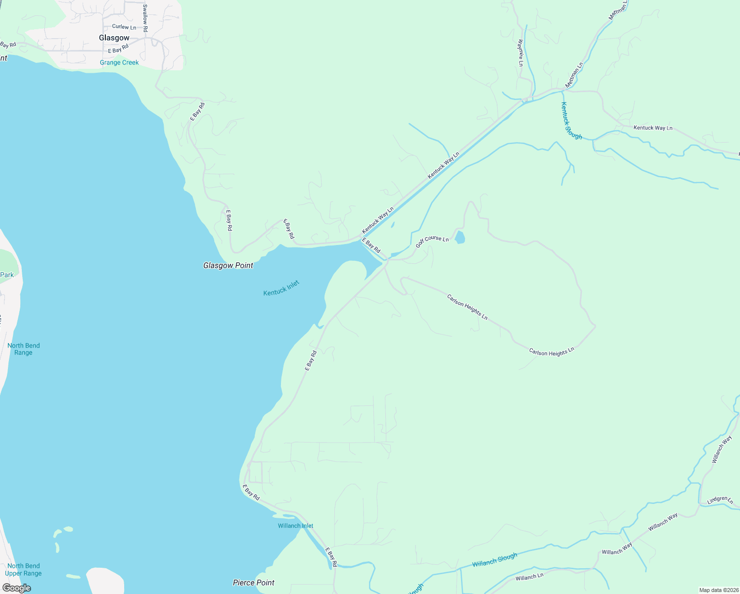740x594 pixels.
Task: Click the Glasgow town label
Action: (114, 38)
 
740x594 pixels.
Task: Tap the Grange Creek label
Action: (119, 63)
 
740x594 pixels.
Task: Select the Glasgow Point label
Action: (228, 266)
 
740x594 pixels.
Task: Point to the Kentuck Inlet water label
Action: (281, 288)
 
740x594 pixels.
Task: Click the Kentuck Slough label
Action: (571, 120)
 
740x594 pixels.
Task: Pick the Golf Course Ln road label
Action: (432, 241)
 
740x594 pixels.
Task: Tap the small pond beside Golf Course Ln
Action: (460, 238)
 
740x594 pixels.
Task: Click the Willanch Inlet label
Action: (295, 526)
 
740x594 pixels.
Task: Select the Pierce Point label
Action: (253, 583)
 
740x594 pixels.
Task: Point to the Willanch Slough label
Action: (495, 560)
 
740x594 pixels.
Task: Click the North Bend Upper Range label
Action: (23, 570)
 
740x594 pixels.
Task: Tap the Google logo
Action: (16, 588)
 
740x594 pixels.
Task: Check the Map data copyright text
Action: (718, 590)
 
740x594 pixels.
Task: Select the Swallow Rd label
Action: (145, 18)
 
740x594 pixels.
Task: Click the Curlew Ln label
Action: (124, 27)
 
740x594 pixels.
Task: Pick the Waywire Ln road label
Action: (520, 53)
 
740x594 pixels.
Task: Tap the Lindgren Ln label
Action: (720, 500)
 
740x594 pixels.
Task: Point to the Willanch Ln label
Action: (529, 577)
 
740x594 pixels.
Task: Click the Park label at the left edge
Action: (7, 275)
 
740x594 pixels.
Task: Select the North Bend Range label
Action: (23, 349)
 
